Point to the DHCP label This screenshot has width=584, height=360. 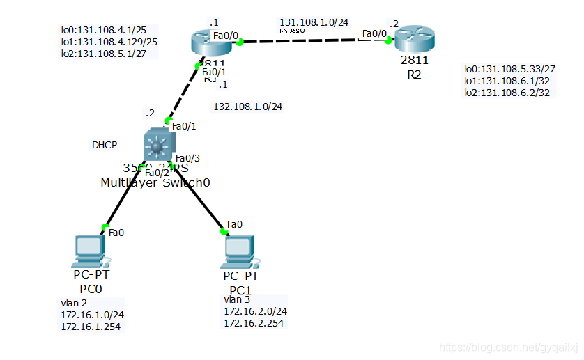coord(105,146)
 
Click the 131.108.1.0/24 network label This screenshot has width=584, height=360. coord(314,22)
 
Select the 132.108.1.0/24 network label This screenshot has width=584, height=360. coord(247,107)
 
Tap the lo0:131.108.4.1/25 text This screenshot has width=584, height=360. coord(109,30)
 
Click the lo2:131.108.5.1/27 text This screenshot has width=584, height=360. coord(109,52)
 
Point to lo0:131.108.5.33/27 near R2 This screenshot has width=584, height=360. coord(509,69)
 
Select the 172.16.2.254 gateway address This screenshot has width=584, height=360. coord(254,323)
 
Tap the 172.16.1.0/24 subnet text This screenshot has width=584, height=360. coord(92,315)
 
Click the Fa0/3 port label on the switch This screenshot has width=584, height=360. coord(188,158)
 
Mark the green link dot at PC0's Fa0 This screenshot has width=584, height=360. coord(105,227)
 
